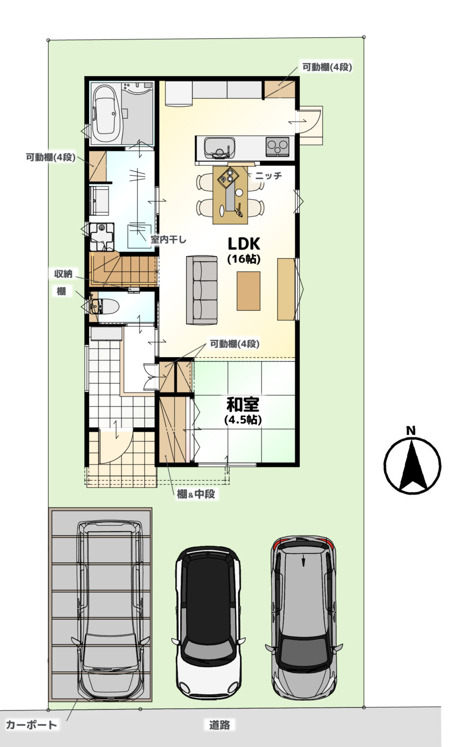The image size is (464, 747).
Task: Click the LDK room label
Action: [x=243, y=244]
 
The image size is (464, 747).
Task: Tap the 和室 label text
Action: [x=242, y=404]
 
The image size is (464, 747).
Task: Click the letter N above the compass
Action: [x=411, y=431]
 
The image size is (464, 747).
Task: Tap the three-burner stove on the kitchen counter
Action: [x=277, y=146]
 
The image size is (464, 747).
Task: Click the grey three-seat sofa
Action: [x=202, y=290]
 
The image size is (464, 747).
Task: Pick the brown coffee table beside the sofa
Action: [x=248, y=291]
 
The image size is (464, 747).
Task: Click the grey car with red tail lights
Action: [x=304, y=619]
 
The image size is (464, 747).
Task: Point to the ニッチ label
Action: [x=269, y=175]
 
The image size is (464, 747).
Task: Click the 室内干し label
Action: [x=168, y=240]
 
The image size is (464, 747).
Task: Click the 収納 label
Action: [x=63, y=274]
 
